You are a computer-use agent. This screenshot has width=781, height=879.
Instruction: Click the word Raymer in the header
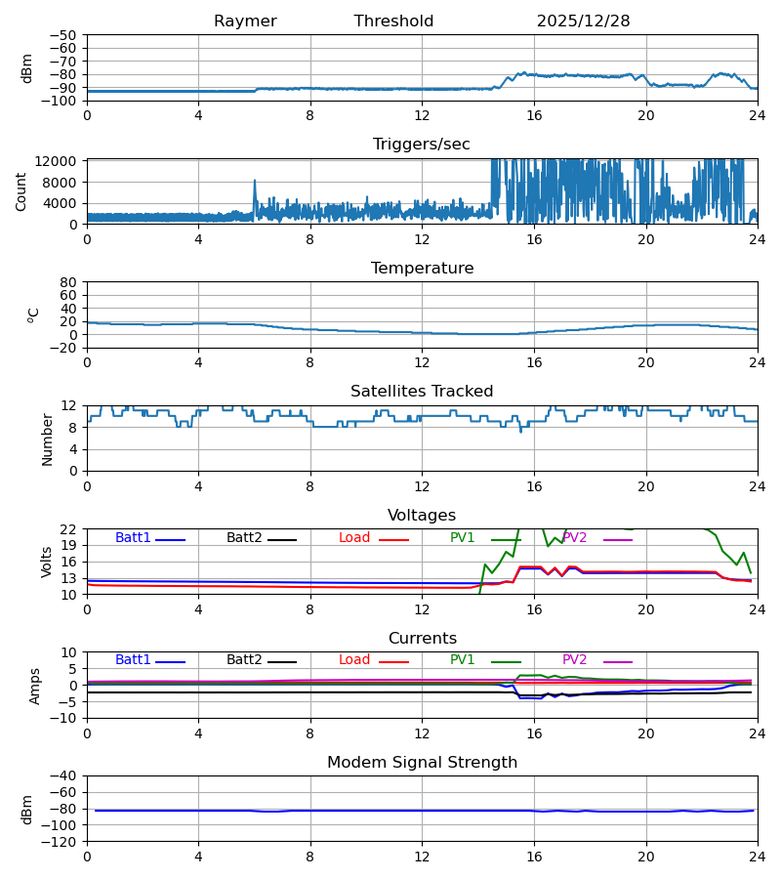point(245,21)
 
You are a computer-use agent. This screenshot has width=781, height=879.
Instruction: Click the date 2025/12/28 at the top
point(583,21)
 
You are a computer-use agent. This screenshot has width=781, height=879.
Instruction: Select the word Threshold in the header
point(393,21)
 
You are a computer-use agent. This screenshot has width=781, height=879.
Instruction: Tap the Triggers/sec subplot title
point(422,145)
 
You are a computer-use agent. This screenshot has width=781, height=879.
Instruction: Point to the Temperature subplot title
point(422,269)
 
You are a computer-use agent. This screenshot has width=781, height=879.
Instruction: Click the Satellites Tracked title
point(422,392)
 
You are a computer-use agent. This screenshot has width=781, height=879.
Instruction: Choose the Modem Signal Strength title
point(422,763)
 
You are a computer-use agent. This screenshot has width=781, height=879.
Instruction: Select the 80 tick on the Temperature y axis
point(69,282)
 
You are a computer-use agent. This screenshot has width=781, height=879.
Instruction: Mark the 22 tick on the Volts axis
point(69,529)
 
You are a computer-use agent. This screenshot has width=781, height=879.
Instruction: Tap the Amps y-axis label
point(36,686)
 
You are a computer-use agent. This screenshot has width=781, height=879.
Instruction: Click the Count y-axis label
point(21,191)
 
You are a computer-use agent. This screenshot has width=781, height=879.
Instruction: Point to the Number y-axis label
point(47,439)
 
